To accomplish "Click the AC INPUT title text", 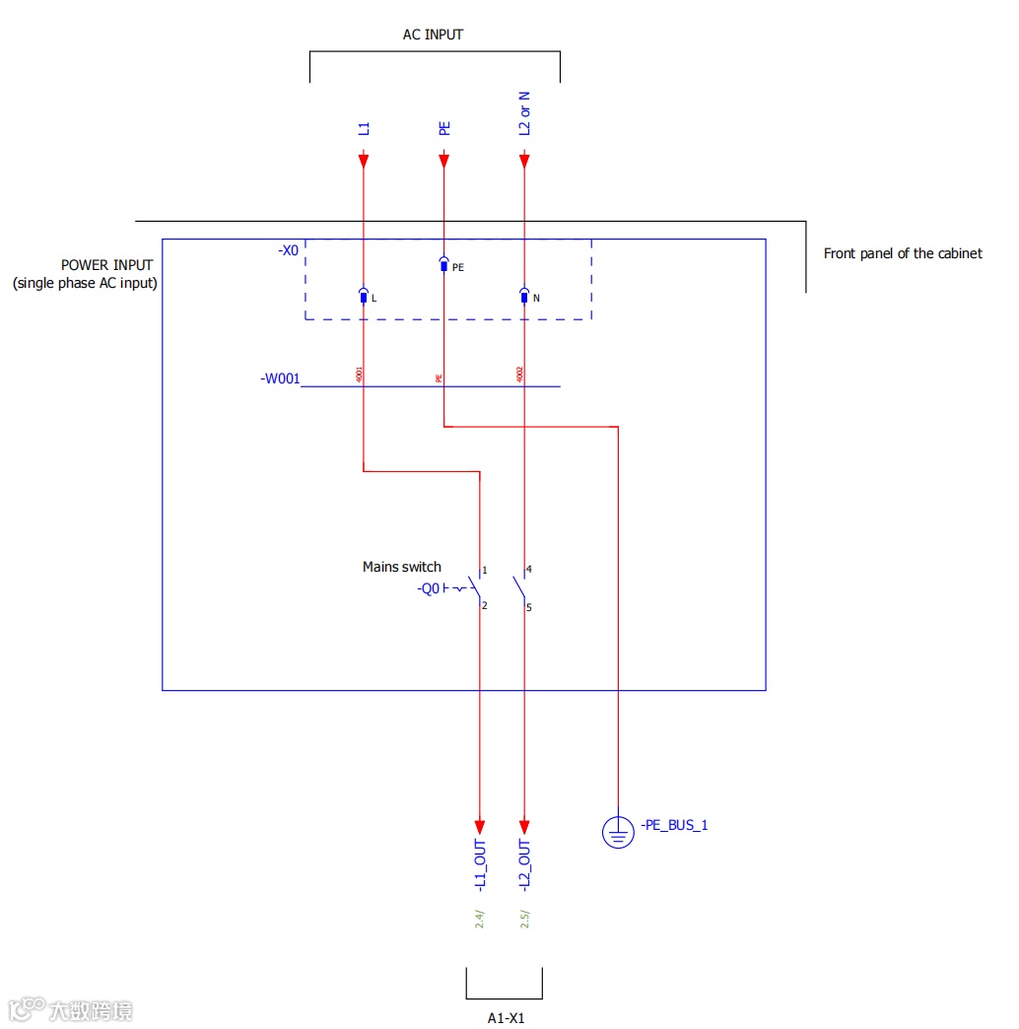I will (x=433, y=34).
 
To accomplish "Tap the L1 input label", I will (x=364, y=128).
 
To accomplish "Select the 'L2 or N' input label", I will (x=524, y=113).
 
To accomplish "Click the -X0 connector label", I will (x=288, y=251).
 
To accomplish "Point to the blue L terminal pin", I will (x=363, y=297).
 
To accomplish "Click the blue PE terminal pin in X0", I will (x=443, y=265).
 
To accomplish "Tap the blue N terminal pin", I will (x=523, y=297).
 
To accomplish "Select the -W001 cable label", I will (x=280, y=378).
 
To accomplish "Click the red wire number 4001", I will (x=359, y=375).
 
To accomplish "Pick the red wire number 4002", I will (x=519, y=375).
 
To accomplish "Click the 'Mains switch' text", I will (x=402, y=567).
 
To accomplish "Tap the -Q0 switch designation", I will (x=429, y=589).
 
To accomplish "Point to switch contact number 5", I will (x=528, y=607).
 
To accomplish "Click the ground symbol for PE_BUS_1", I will (x=618, y=834).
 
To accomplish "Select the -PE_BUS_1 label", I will (x=674, y=825).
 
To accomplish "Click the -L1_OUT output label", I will (x=480, y=867).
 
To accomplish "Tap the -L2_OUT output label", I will (x=524, y=867).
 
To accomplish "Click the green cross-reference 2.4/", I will (x=480, y=920).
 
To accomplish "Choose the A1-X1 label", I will (x=506, y=1018).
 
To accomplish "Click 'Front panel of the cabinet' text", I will (x=903, y=253).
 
